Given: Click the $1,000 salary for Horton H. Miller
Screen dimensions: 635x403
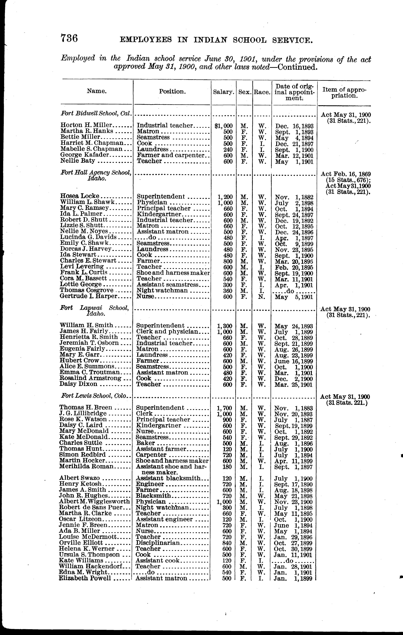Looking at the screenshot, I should (224, 126).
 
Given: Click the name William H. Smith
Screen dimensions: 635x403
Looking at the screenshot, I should (86, 325).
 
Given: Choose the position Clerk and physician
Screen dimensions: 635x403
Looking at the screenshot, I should (167, 332).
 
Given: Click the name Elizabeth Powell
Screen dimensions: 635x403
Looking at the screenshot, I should (85, 578).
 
